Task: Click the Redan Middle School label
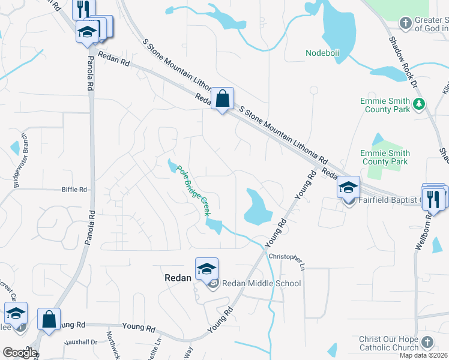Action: (x=262, y=283)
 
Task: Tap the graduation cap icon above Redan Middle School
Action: (x=206, y=269)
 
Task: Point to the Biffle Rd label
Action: (x=74, y=190)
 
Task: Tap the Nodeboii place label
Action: (x=322, y=53)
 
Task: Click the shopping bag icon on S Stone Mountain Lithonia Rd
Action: (x=222, y=98)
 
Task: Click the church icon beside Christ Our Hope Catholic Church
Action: (x=427, y=342)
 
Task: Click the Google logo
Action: (x=19, y=353)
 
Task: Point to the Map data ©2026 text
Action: (x=423, y=355)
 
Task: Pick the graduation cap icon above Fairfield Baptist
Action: (x=348, y=187)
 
